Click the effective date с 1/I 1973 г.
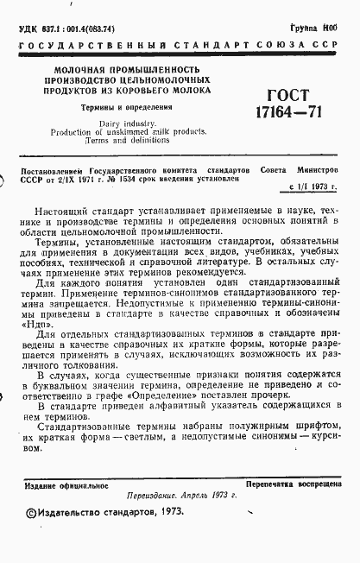[313, 187]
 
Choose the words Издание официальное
[66, 484]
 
